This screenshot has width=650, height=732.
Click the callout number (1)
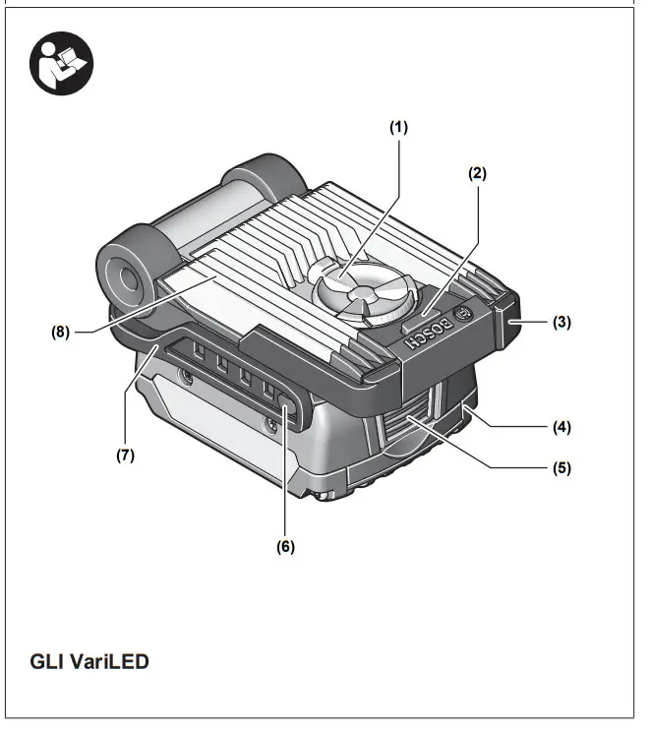398,127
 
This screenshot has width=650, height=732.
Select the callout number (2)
477,173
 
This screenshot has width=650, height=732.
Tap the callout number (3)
561,321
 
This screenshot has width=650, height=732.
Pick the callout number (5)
561,467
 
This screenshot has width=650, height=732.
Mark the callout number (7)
124,456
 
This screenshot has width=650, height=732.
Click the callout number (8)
61,332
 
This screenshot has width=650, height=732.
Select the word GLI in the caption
46,661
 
